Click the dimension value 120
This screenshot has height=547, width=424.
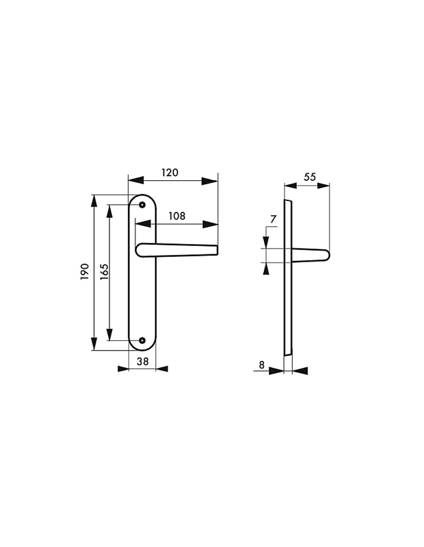coord(170,173)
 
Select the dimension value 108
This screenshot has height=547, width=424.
coord(176,216)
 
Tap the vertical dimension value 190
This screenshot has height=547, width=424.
coord(84,273)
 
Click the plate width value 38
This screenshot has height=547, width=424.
coord(143,361)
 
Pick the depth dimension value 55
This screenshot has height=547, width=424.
coord(309,177)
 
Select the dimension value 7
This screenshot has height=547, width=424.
coord(272,219)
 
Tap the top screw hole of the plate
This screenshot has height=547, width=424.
coord(143,205)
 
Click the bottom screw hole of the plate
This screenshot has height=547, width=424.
coord(143,340)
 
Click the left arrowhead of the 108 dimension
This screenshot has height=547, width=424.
coord(143,224)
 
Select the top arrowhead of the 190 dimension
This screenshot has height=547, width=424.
coord(94,201)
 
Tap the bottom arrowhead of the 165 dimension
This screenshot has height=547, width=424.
coord(109,334)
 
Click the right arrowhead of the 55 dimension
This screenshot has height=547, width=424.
coord(323,185)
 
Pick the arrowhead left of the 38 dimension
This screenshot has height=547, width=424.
coord(123,369)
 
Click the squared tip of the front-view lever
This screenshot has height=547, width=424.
coord(217,250)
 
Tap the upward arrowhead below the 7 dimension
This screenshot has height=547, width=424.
coord(267,269)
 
